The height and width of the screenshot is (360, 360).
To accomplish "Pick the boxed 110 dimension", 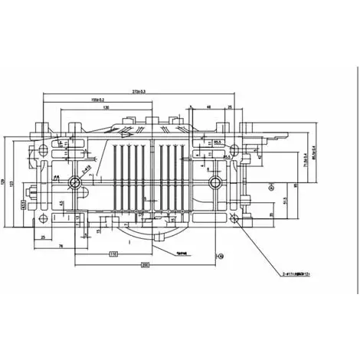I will pyautogui.click(x=113, y=253).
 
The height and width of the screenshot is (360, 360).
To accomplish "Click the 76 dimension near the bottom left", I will pyautogui.click(x=60, y=247).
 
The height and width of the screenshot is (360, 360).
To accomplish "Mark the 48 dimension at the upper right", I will pyautogui.click(x=209, y=107).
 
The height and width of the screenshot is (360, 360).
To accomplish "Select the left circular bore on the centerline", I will pyautogui.click(x=75, y=182).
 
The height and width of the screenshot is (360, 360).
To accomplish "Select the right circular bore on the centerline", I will pyautogui.click(x=217, y=182).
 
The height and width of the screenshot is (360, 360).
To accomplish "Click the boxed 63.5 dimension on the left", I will pyautogui.click(x=24, y=205).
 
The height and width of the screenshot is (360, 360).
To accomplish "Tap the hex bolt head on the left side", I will pyautogui.click(x=34, y=191).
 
